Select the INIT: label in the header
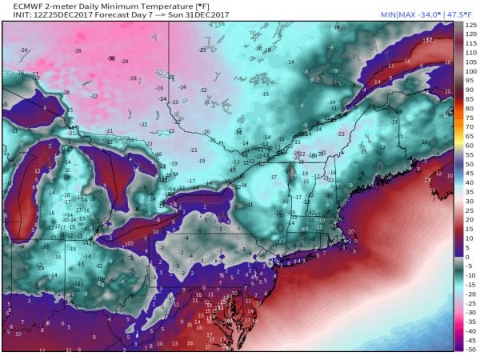(x=14, y=16)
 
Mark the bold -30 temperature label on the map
(x=111, y=59)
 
